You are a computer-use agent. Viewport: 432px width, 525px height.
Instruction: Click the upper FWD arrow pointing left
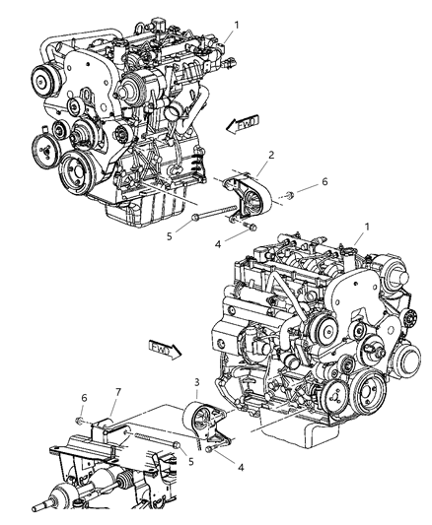point(242,124)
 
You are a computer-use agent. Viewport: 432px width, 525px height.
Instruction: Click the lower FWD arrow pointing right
point(165,350)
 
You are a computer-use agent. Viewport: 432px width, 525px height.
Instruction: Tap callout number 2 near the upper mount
point(271,155)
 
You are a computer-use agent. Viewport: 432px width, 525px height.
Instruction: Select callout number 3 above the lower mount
point(196,382)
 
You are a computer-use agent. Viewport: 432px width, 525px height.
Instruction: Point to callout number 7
point(118,391)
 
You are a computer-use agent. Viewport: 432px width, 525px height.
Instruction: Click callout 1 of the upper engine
point(237,25)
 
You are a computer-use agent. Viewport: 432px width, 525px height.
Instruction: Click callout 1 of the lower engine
point(367,227)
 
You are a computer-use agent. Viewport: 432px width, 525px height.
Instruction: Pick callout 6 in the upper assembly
point(324,181)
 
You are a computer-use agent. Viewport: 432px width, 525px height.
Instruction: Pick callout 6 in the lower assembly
point(84,398)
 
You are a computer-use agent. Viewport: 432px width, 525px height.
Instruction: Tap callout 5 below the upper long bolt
point(170,236)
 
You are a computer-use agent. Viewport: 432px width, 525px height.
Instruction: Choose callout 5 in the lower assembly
point(191,462)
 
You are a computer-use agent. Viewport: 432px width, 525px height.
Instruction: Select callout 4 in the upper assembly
point(218,244)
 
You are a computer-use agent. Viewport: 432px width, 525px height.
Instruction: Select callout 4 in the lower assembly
point(241,467)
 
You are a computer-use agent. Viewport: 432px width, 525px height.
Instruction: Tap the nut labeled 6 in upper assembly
point(290,194)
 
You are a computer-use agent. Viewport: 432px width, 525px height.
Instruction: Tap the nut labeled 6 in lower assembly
point(79,420)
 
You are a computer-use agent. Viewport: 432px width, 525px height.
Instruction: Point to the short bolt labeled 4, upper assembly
point(250,226)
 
